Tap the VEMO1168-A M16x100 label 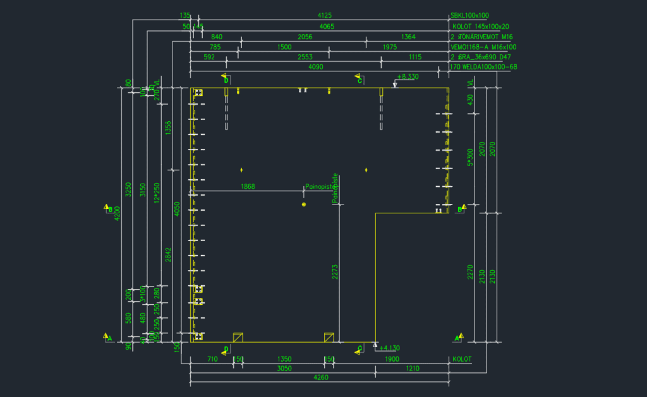click(x=483, y=47)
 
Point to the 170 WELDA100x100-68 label click(x=483, y=66)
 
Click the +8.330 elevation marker click(x=407, y=76)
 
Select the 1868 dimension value click(x=248, y=186)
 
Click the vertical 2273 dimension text click(x=336, y=271)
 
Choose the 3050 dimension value click(x=284, y=368)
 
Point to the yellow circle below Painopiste click(x=304, y=205)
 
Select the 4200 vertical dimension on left click(x=117, y=215)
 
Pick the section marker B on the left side click(x=108, y=208)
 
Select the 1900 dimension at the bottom click(x=392, y=358)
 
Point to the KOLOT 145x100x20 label click(x=481, y=27)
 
